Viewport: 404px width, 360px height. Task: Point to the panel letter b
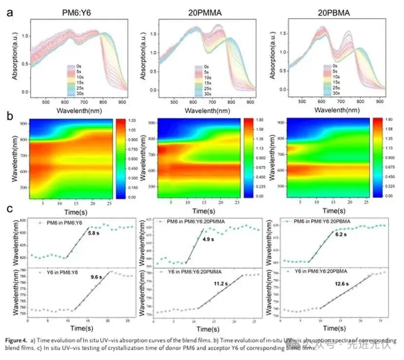9,117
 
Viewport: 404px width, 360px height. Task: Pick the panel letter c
9,210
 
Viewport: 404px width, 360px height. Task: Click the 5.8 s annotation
94,233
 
